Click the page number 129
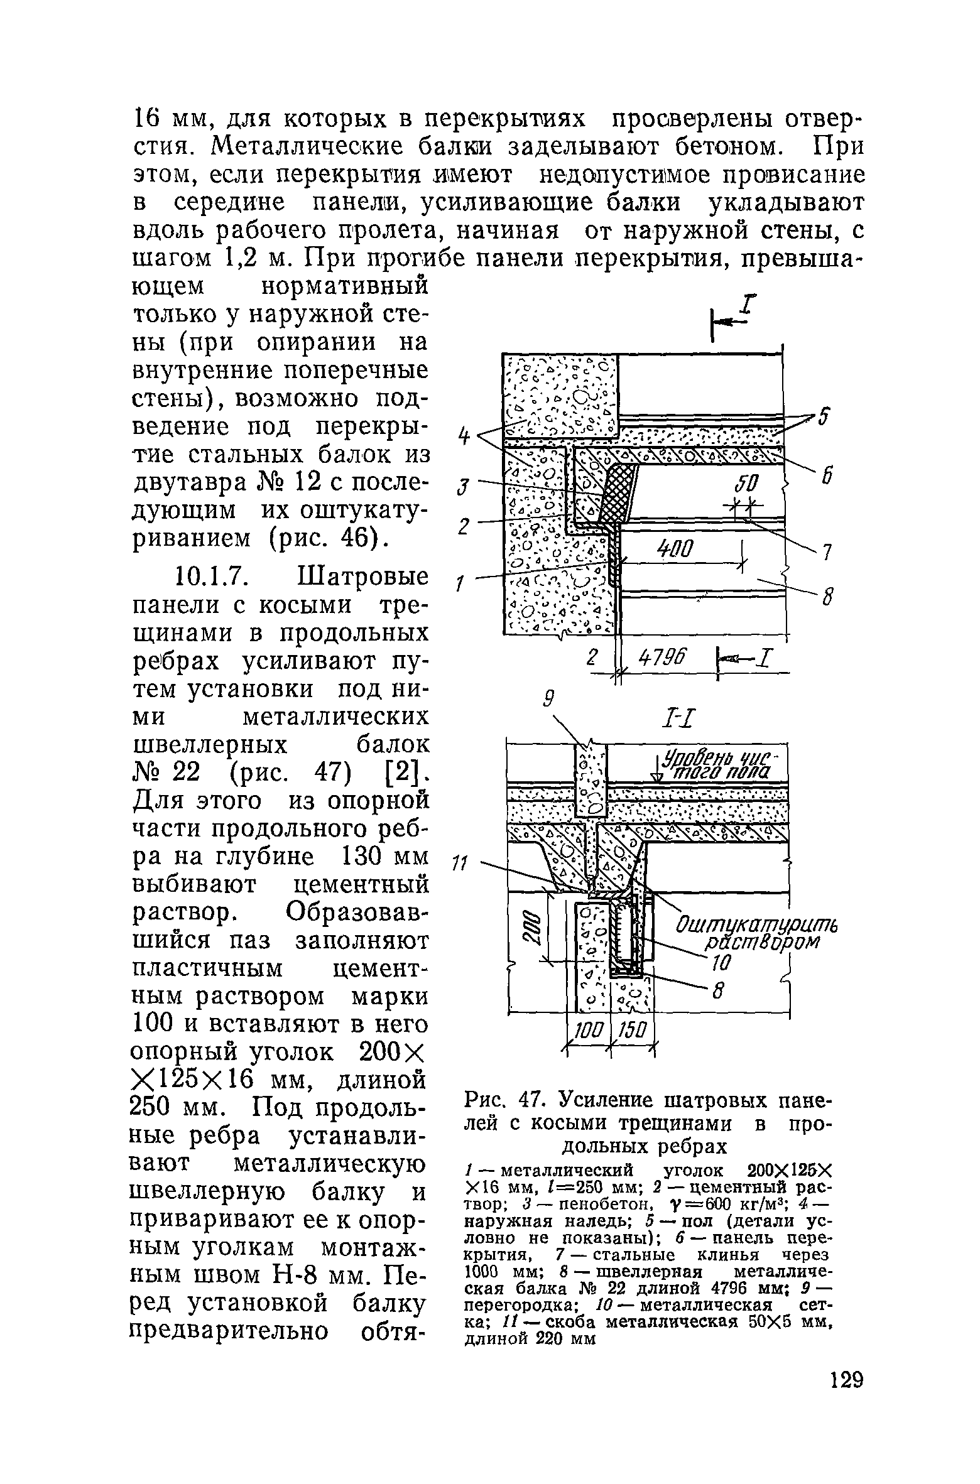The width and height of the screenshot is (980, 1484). [846, 1399]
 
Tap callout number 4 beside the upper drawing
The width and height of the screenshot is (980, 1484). [464, 435]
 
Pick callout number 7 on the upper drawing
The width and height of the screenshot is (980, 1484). [827, 553]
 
